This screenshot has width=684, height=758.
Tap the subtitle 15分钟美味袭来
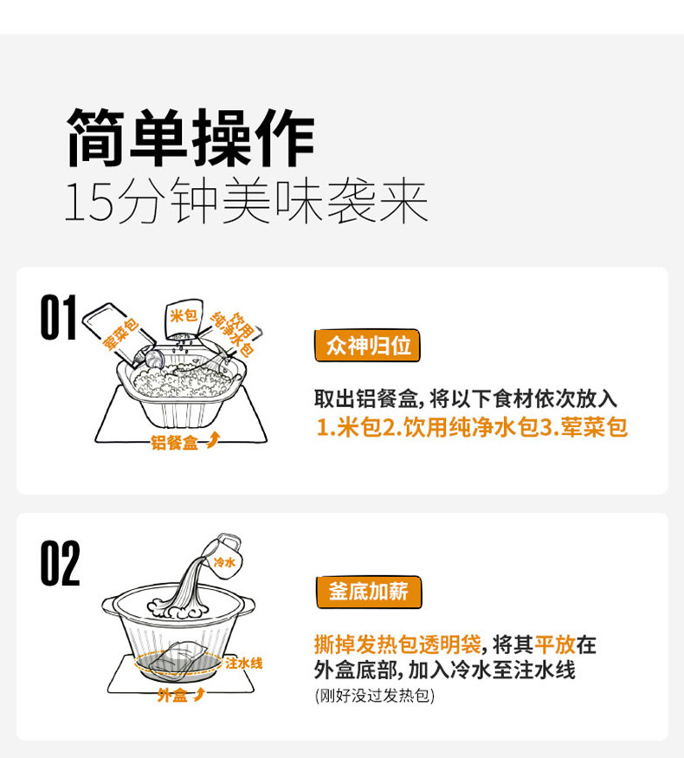tap(246, 204)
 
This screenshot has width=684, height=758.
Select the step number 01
tap(59, 318)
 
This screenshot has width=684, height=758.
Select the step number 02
tap(59, 564)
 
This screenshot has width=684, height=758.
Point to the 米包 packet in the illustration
tap(183, 319)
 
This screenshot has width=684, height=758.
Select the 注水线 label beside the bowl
tap(243, 664)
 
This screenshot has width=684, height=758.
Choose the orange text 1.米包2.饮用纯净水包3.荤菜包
tap(471, 427)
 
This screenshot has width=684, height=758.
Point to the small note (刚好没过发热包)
tap(374, 696)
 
